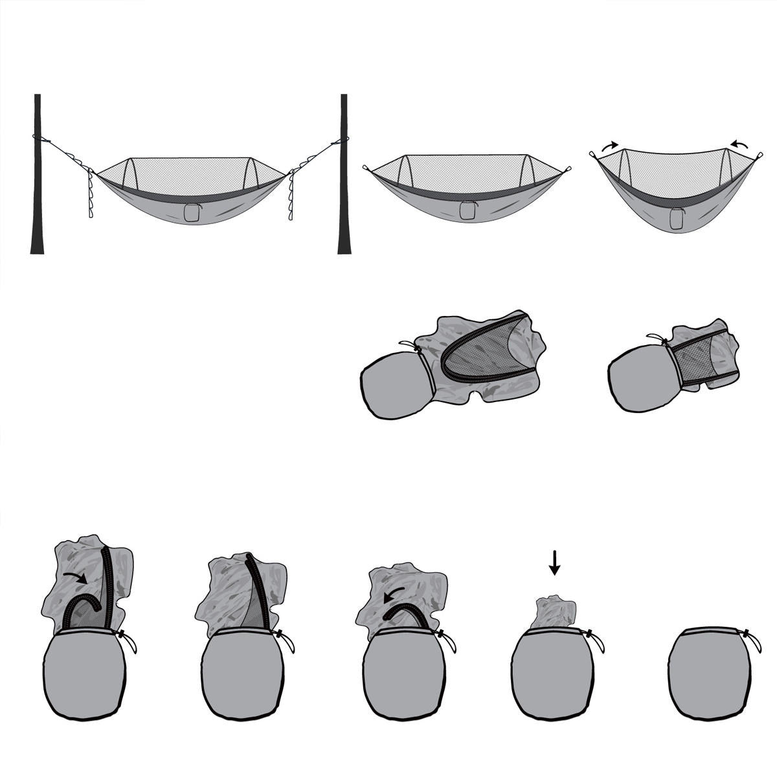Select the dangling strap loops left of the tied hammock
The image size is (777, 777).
tap(90, 194)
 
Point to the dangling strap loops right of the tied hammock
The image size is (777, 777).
tap(291, 194)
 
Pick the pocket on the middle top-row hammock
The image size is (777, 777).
tap(467, 210)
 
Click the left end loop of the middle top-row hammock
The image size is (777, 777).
tap(366, 168)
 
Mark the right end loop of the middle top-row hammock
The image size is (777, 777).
tap(567, 170)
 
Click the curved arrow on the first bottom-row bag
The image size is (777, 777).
tap(76, 578)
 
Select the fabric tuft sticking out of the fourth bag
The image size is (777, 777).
tap(554, 613)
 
